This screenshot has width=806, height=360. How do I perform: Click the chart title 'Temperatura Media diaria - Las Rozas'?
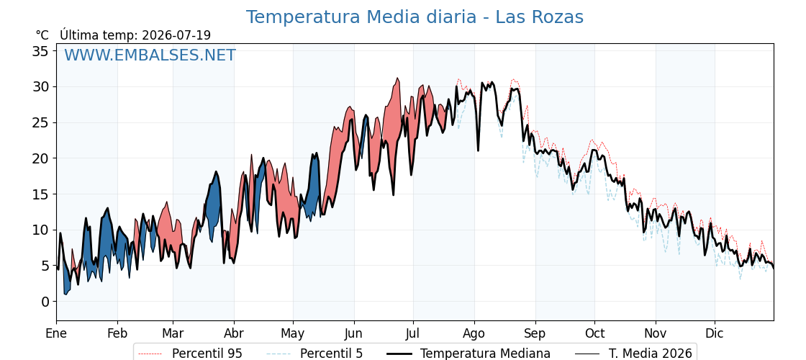click(415, 17)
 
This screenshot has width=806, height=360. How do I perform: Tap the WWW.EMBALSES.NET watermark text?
click(150, 55)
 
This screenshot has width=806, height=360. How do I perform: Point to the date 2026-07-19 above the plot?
click(176, 35)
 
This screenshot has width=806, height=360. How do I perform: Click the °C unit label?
click(42, 35)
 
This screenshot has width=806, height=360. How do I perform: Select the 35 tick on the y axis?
click(40, 51)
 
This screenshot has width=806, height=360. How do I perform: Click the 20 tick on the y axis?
click(40, 158)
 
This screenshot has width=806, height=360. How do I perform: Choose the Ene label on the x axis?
click(57, 333)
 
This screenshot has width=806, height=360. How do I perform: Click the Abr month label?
click(234, 333)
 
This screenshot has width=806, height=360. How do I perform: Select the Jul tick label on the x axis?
click(413, 333)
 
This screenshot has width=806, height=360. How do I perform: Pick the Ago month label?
click(474, 333)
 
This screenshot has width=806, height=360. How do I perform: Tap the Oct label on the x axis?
click(594, 333)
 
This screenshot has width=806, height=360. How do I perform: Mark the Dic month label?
click(715, 333)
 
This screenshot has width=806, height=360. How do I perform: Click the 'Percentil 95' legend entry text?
click(207, 354)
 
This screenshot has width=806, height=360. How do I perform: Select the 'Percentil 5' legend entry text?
click(332, 354)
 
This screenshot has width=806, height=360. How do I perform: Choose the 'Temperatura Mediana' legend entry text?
click(485, 354)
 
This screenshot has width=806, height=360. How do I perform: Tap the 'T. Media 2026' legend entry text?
click(651, 354)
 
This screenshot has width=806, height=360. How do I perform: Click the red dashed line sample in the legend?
click(150, 354)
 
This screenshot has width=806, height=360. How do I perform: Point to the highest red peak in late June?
click(397, 78)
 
